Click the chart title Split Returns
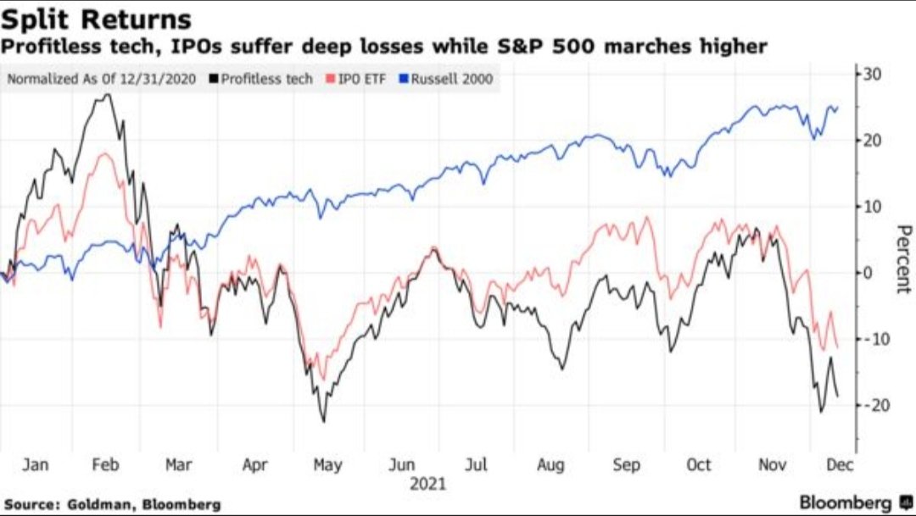click(96, 19)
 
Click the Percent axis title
click(902, 258)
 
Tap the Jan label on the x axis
click(35, 464)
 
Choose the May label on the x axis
click(328, 464)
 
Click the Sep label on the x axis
click(626, 464)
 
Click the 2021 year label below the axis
click(427, 485)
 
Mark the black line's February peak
click(109, 94)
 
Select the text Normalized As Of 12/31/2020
click(103, 80)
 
